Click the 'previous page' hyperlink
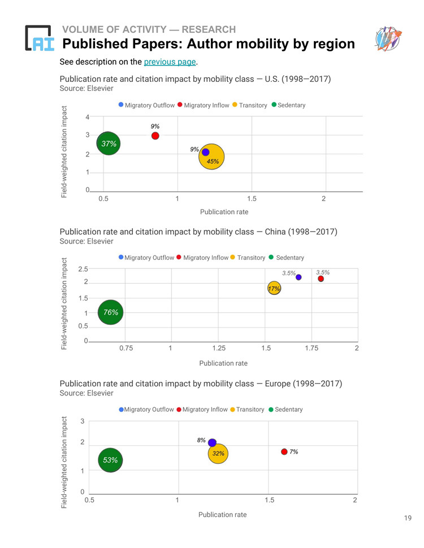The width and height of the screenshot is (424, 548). click(170, 62)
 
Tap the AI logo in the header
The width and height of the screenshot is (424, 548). click(40, 38)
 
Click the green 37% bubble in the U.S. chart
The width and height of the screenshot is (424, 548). click(109, 143)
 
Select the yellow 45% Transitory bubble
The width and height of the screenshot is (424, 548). click(211, 157)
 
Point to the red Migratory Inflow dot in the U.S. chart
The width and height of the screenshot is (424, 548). click(155, 136)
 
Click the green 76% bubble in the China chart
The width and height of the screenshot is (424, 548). click(111, 312)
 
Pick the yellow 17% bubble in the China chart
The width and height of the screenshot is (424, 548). click(274, 288)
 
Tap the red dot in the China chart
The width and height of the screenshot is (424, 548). click(321, 279)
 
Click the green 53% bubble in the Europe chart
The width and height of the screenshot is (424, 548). click(110, 460)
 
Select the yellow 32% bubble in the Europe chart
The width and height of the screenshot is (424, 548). click(218, 454)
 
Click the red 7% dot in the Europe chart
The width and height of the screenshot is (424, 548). click(284, 451)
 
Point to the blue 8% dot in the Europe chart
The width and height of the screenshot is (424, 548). click(212, 442)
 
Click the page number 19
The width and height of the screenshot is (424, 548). click(408, 518)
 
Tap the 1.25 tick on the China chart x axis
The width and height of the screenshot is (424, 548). click(219, 348)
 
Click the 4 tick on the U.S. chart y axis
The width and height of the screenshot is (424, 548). click(88, 117)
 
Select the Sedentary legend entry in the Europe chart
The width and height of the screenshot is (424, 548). click(285, 409)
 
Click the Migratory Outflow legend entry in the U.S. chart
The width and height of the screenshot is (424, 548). click(146, 105)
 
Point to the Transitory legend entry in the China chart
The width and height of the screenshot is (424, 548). click(248, 258)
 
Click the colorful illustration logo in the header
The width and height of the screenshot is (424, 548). click(388, 38)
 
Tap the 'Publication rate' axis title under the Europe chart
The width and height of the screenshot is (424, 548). click(223, 515)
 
